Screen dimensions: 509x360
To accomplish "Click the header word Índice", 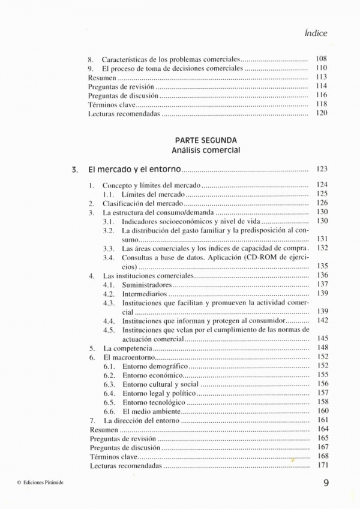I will coord(316,34).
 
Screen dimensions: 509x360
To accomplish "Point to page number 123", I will coord(321,170).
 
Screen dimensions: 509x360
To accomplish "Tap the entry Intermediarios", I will coord(145,294).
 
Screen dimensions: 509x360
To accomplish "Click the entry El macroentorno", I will coord(125,357).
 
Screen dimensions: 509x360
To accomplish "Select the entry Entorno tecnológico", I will coord(154,402).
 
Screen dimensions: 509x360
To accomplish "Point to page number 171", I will coord(322,465).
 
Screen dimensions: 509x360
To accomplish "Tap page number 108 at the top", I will coord(321,60).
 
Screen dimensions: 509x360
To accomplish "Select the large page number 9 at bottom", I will coord(325,483).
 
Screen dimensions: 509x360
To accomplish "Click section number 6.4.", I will coord(109,393).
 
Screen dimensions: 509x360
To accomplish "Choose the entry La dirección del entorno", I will coord(141,420).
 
